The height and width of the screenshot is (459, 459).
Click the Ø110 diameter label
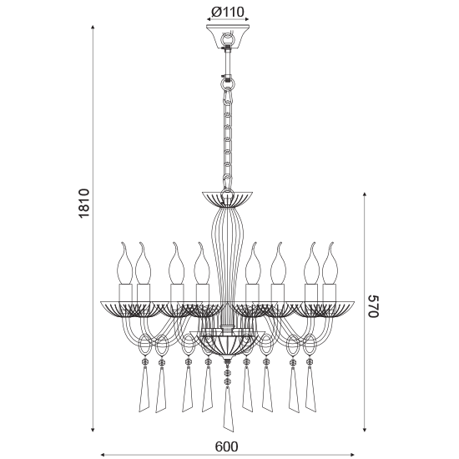tap(228, 12)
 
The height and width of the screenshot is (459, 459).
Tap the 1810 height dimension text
tap(84, 203)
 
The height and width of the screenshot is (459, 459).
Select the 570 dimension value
tap(374, 306)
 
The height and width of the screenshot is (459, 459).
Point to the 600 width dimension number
tap(226, 446)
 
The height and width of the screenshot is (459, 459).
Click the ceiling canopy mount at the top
tap(228, 37)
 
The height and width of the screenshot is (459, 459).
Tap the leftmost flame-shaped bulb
tap(124, 263)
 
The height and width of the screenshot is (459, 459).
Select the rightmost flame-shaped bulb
tap(330, 263)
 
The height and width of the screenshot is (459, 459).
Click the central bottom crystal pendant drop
tap(228, 409)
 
